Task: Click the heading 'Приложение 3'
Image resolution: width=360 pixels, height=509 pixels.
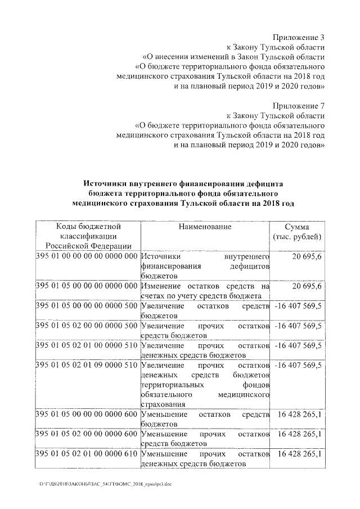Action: [298, 37]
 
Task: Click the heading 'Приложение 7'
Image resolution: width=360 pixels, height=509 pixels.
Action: [298, 106]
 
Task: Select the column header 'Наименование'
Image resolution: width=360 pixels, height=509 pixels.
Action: [205, 227]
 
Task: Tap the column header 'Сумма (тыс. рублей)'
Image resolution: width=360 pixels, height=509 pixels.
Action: [296, 232]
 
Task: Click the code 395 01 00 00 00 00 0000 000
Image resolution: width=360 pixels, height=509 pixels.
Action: [87, 256]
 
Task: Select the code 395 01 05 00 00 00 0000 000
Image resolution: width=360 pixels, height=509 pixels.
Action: [87, 287]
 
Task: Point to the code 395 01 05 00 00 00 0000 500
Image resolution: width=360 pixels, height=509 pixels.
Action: [87, 307]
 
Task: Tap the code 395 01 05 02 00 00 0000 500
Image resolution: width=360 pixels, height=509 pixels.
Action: [87, 326]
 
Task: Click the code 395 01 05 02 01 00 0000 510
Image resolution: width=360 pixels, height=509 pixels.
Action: [87, 346]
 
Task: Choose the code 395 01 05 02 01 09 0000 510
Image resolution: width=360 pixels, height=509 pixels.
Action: [87, 366]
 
